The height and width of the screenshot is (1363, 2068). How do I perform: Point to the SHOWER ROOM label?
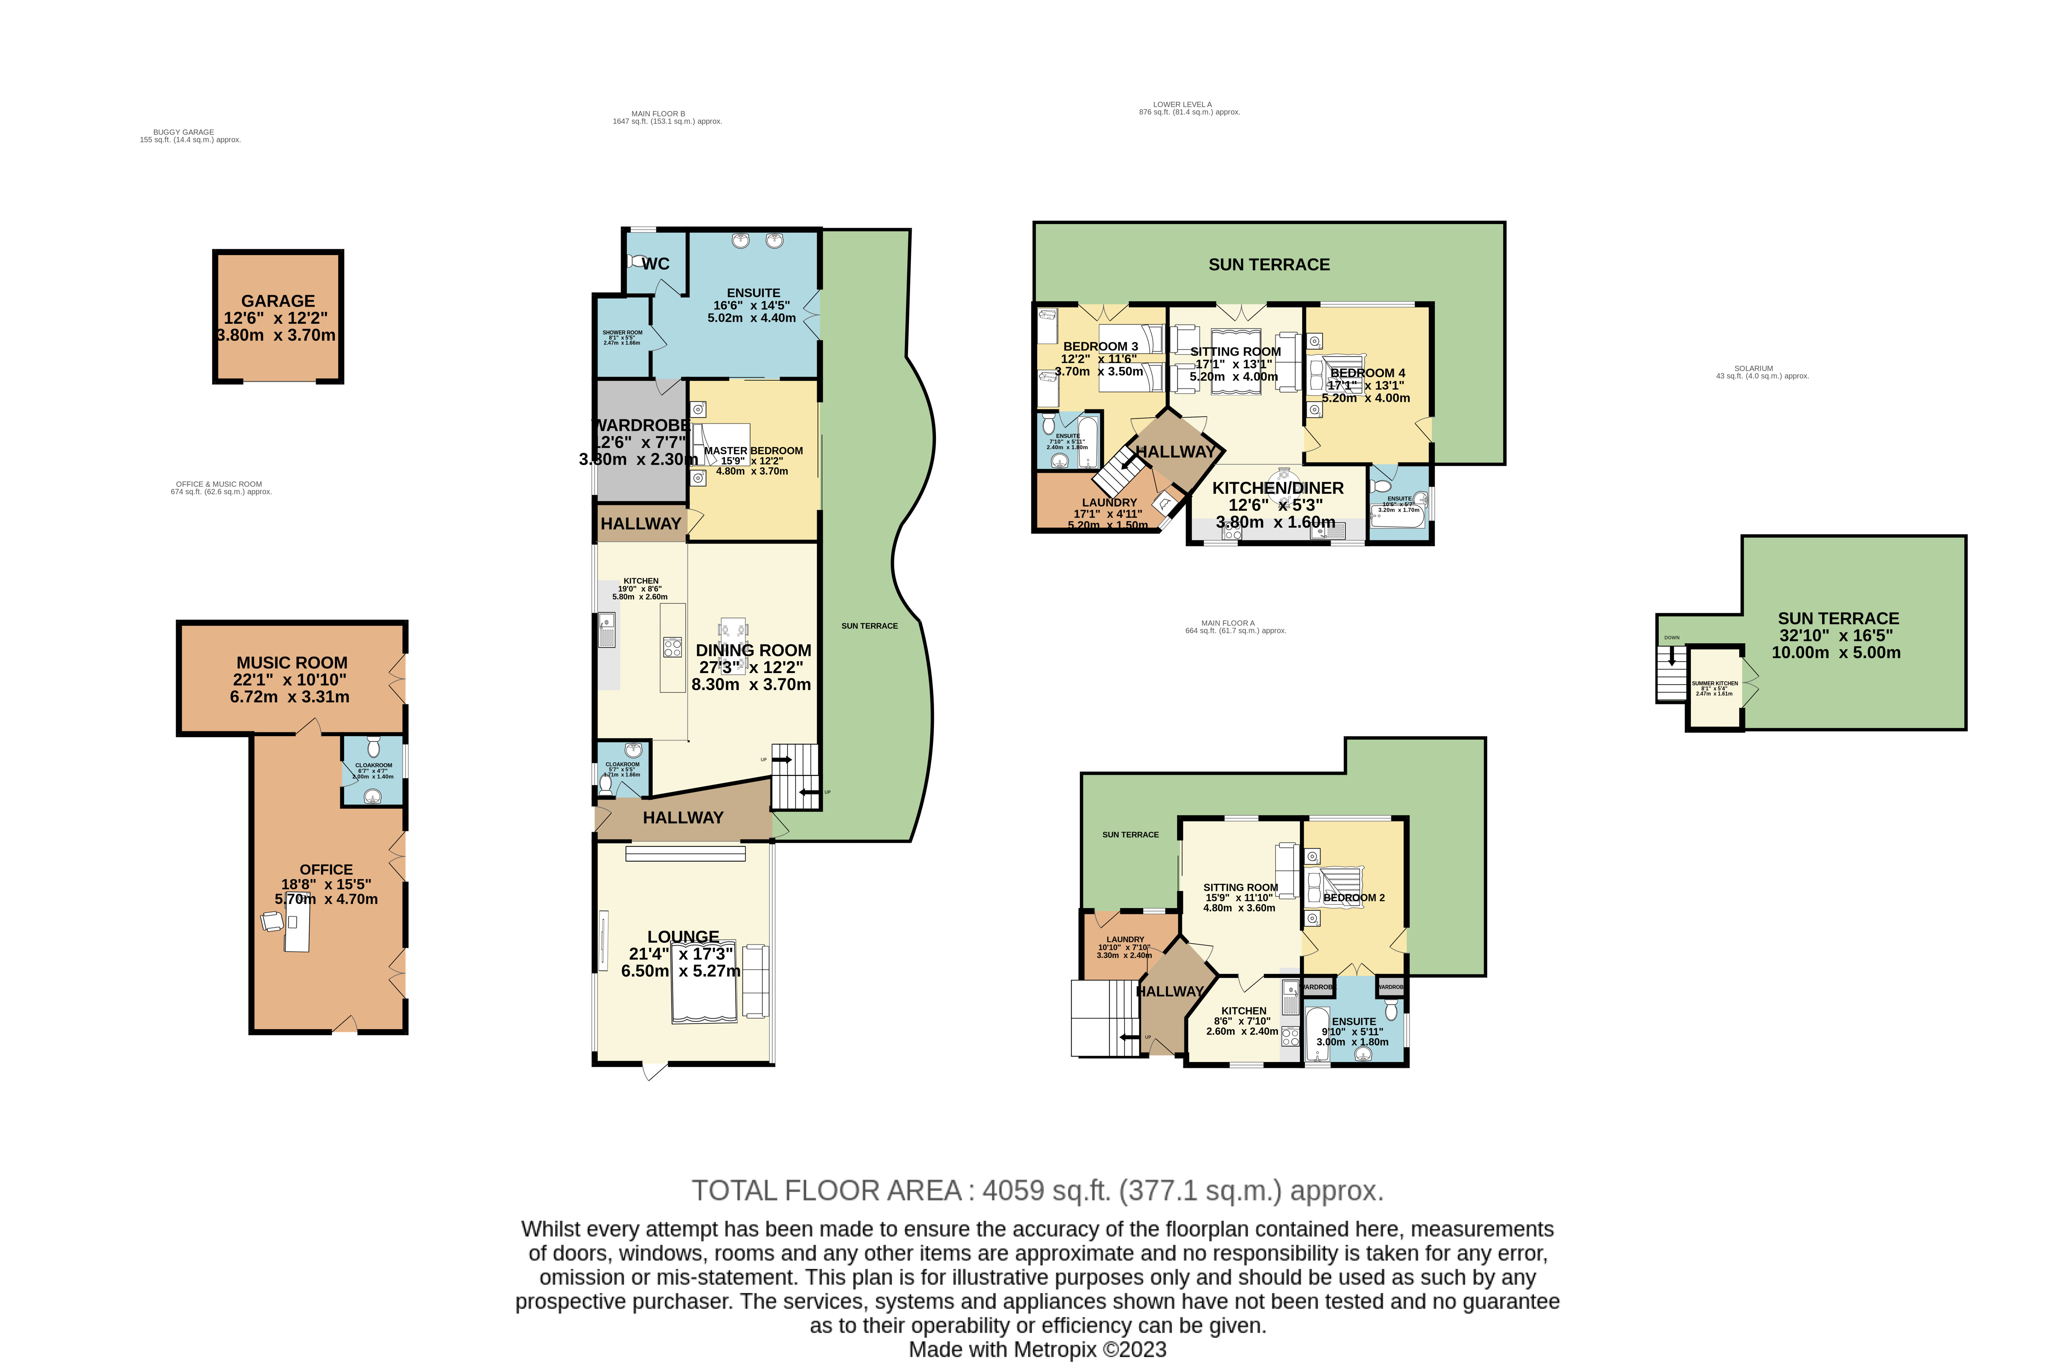[623, 333]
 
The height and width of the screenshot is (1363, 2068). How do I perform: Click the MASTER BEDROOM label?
[753, 451]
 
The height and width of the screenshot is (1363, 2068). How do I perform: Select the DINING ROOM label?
[753, 650]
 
